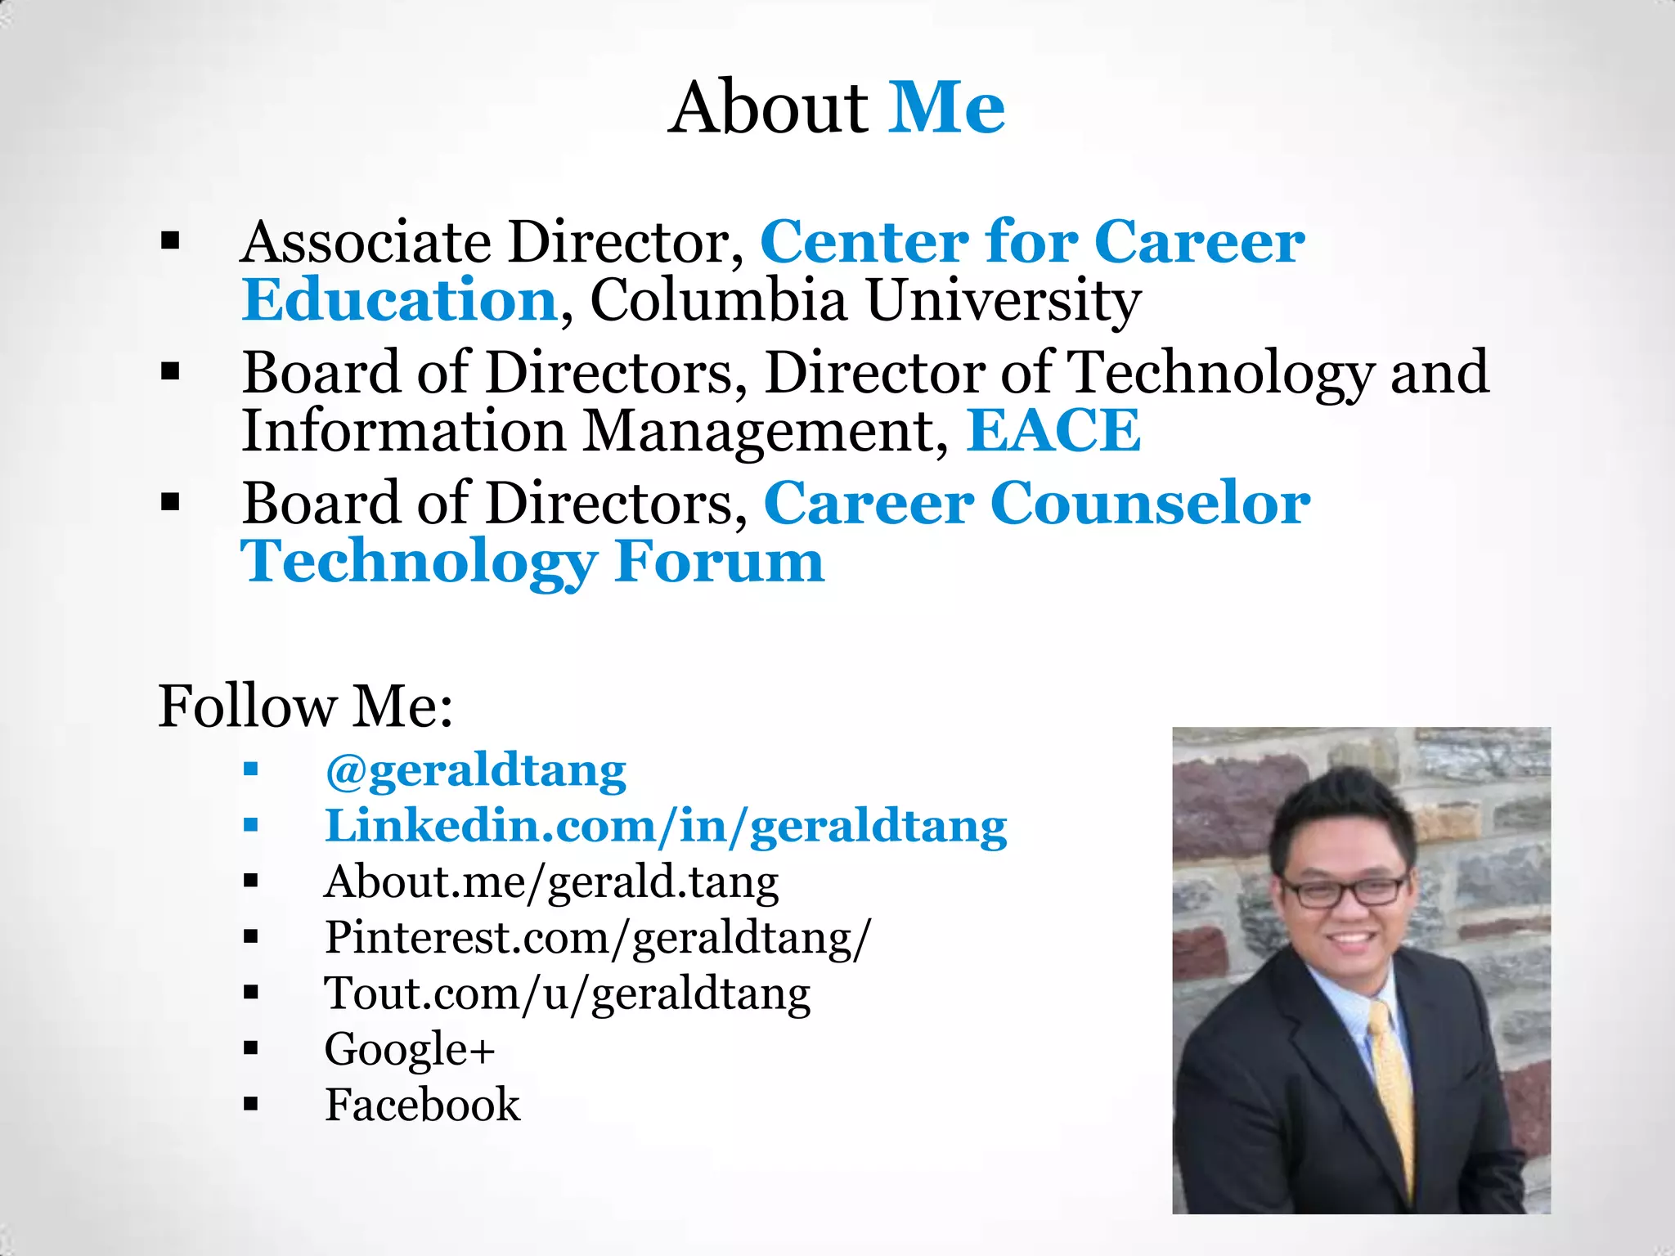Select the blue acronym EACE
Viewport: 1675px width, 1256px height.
point(1053,430)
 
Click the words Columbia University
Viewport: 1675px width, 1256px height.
point(864,301)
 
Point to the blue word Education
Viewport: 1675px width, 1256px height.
point(400,300)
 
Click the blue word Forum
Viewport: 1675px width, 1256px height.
point(719,562)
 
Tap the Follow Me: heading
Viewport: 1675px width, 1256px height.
point(305,706)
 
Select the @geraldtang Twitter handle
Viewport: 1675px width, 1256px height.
point(475,770)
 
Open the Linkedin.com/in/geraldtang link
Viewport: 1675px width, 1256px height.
point(666,826)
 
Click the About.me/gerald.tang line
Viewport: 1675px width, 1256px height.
point(551,882)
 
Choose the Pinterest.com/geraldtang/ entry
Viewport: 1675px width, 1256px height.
point(598,937)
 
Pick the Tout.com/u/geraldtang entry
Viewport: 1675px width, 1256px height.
point(567,994)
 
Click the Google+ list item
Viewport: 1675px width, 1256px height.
point(410,1049)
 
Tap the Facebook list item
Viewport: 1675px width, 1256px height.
point(422,1105)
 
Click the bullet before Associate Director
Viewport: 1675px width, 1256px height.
point(170,240)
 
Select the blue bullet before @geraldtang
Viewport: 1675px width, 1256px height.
point(251,769)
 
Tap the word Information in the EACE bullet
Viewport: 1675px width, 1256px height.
point(403,430)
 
